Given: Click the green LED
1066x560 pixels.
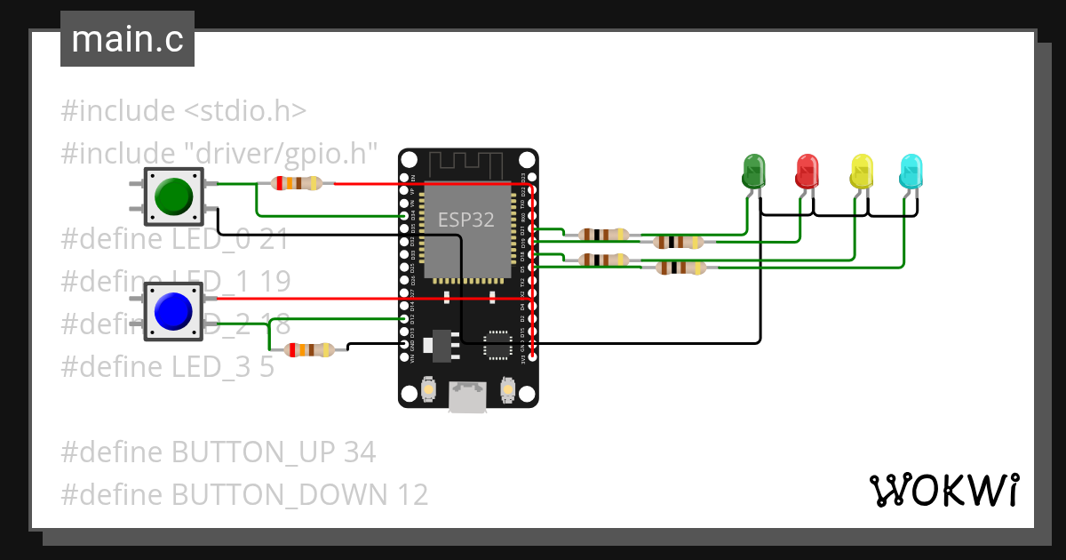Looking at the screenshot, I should (x=753, y=171).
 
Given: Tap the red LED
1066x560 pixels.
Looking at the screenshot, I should (x=807, y=171).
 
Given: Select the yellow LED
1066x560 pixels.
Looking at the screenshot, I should (x=861, y=171).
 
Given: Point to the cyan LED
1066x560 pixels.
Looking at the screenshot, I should (x=911, y=171).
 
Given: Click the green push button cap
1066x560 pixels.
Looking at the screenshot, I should (x=172, y=196).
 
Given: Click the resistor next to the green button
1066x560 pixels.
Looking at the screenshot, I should (x=297, y=184).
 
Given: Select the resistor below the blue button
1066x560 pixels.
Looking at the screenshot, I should (x=308, y=350).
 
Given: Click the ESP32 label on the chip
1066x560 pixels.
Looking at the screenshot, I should (x=466, y=218).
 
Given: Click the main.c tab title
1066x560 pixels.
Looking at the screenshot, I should (x=127, y=40).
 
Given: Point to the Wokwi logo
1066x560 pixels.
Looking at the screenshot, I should (x=943, y=490).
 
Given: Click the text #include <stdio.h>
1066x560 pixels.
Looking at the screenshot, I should (x=184, y=111).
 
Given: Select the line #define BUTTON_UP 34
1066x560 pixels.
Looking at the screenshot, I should (x=219, y=452).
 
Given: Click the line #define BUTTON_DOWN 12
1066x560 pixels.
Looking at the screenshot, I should (x=244, y=494).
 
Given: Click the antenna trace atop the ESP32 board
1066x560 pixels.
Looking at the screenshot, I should (x=467, y=164).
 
